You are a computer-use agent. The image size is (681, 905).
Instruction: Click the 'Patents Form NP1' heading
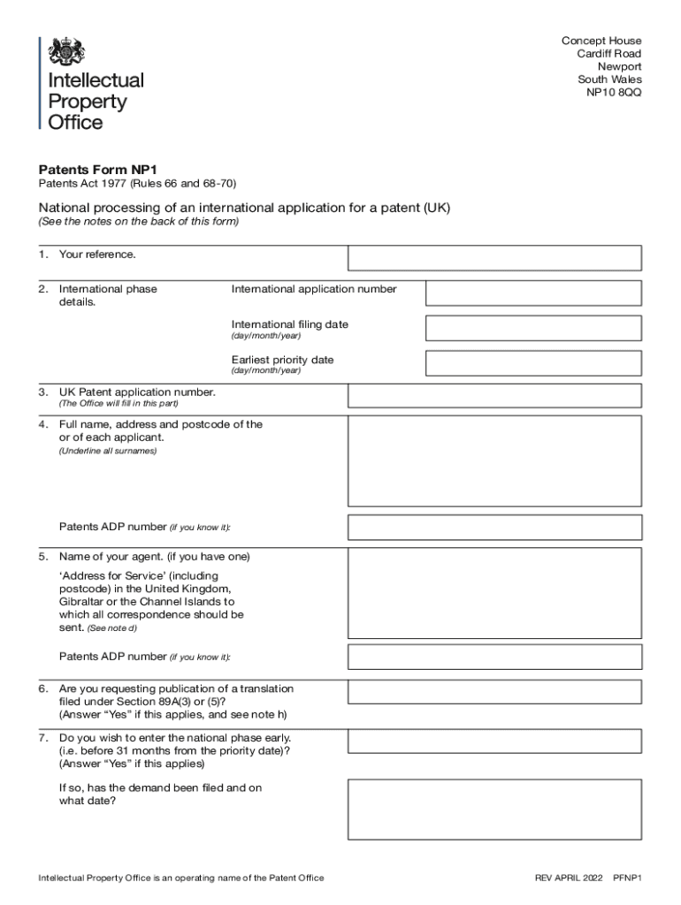tap(97, 170)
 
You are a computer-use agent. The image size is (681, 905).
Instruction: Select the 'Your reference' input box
tap(494, 257)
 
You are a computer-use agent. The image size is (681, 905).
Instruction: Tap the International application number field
tap(533, 293)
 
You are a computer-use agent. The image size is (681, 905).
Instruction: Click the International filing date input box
tap(533, 328)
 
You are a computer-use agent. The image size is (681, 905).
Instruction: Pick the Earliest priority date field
tap(533, 363)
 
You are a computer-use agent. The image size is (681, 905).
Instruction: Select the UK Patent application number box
tap(494, 395)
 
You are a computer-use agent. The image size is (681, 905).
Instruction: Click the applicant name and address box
tap(494, 460)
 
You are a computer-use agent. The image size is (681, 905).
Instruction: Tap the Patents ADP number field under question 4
tap(494, 528)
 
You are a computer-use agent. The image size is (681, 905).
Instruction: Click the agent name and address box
tap(494, 591)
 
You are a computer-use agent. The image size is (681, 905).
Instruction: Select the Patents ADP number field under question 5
tap(494, 657)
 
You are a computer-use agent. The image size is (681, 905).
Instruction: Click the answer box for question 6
tap(494, 692)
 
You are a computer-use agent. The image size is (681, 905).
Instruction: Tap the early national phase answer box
tap(494, 741)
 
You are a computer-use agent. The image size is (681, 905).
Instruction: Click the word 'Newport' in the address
tap(619, 66)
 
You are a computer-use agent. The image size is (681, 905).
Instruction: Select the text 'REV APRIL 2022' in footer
tap(568, 878)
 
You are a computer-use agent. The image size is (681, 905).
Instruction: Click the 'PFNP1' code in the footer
tap(629, 878)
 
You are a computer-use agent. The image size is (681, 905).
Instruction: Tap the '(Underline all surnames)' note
tap(108, 451)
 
